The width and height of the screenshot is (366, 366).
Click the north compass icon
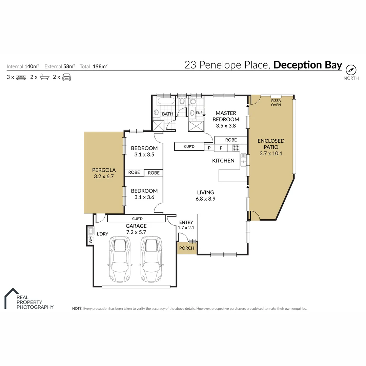tap(351, 70)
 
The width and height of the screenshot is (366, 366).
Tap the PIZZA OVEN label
tap(276, 103)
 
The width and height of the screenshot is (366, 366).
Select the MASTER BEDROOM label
tap(226, 116)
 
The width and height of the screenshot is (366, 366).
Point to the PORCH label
tap(186, 248)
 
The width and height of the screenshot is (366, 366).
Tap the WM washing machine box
tap(90, 240)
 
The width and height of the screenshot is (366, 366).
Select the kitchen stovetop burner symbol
tap(235, 148)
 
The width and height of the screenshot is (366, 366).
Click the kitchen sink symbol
tap(243, 160)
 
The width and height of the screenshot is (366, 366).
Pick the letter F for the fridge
tap(221, 148)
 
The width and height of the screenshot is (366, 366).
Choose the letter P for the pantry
tap(209, 148)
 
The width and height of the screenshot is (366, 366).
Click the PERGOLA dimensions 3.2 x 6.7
tap(105, 177)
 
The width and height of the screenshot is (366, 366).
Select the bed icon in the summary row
tap(21, 77)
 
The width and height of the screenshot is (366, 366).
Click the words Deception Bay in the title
tap(307, 65)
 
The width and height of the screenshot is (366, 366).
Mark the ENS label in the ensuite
tap(199, 113)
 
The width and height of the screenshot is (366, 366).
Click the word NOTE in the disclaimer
tap(77, 309)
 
